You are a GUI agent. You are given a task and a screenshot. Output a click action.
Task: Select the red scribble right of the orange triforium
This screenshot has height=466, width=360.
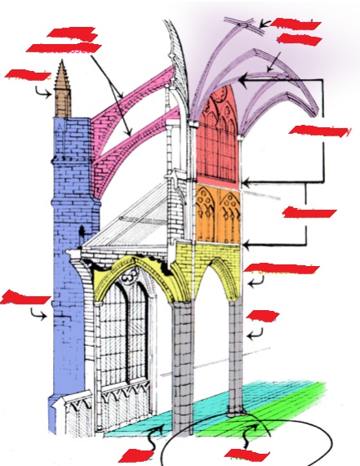point(309,214)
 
